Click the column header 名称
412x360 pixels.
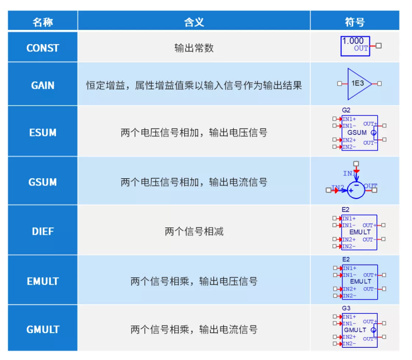coord(43,22)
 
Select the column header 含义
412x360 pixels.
coord(194,22)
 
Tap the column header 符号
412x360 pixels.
coord(355,22)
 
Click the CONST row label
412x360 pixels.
coord(43,48)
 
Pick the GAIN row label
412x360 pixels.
coord(43,86)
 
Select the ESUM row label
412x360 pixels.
coord(43,133)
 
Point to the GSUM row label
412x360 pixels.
coord(43,182)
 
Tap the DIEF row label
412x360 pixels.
coord(43,231)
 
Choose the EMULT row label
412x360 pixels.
coord(43,282)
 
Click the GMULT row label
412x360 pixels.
coord(43,330)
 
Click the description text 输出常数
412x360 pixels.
coord(194,48)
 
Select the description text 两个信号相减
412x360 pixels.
coord(194,231)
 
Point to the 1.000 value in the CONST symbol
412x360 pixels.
coord(353,41)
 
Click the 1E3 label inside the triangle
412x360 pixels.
coord(358,83)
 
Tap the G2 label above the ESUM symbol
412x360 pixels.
coord(346,110)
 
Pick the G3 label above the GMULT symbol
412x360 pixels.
coord(346,308)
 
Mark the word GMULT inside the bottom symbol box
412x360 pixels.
coord(355,330)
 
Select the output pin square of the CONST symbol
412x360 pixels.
coord(378,46)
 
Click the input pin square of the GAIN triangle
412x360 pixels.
coord(339,84)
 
